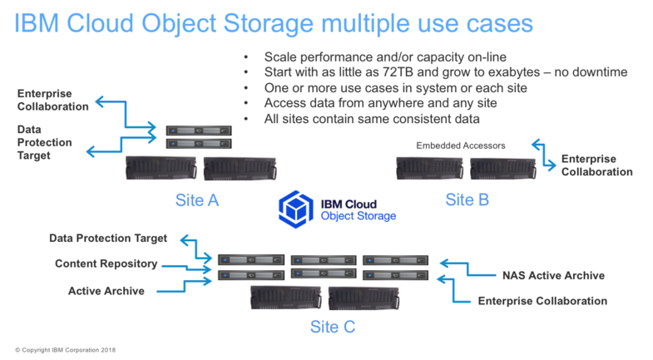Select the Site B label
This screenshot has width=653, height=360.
[x=467, y=200]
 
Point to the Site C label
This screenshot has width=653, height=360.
[x=332, y=326]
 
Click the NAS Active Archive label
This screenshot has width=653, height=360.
[x=552, y=275]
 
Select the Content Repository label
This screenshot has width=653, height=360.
[x=106, y=264]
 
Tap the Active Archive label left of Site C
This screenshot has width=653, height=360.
[x=106, y=291]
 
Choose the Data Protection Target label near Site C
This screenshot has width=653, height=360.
[x=108, y=238]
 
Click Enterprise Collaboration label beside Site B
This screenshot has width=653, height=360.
[x=596, y=165]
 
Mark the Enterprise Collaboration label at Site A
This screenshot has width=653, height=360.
[x=52, y=99]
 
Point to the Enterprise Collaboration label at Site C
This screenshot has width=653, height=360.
[x=542, y=300]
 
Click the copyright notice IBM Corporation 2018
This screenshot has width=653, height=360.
[x=65, y=350]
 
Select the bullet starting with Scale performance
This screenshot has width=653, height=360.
[x=383, y=57]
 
